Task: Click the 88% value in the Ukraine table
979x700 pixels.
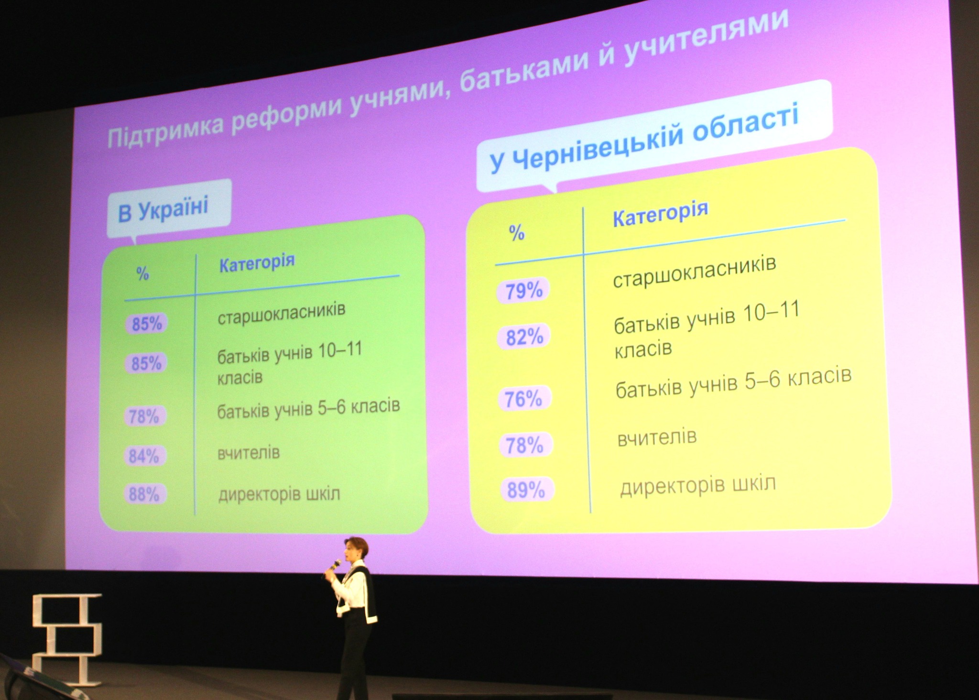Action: [144, 494]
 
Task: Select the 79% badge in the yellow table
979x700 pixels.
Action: [524, 290]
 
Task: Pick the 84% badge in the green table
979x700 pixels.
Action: [144, 456]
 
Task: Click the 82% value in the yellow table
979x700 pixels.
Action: [524, 337]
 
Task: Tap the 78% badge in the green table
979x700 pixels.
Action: [144, 416]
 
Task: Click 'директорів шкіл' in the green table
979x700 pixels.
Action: [279, 493]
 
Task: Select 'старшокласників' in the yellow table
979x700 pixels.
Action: [695, 272]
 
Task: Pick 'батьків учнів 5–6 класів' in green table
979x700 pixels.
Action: [308, 408]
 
